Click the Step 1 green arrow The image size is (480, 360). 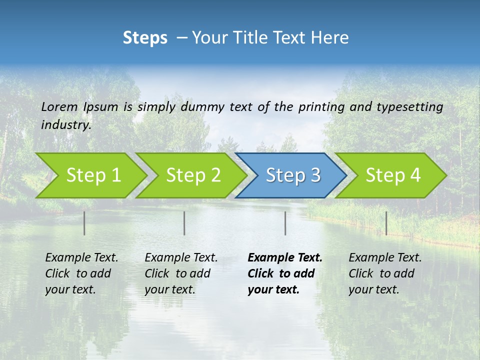[x=93, y=175]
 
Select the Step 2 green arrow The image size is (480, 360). [x=193, y=175]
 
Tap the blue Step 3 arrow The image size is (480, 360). [x=293, y=175]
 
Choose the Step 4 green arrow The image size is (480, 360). [x=393, y=175]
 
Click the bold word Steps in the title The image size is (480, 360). [x=145, y=38]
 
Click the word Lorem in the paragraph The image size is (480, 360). [x=59, y=106]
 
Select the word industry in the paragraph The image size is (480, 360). [x=65, y=124]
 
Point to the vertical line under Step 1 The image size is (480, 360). [x=84, y=223]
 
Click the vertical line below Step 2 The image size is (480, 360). [x=184, y=223]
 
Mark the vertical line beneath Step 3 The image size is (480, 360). [x=285, y=223]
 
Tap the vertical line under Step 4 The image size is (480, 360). [x=386, y=223]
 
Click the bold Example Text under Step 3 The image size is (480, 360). [x=285, y=257]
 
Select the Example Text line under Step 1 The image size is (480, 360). [x=81, y=257]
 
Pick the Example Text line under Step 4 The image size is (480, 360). [x=385, y=257]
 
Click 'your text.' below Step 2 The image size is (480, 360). [x=170, y=289]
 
